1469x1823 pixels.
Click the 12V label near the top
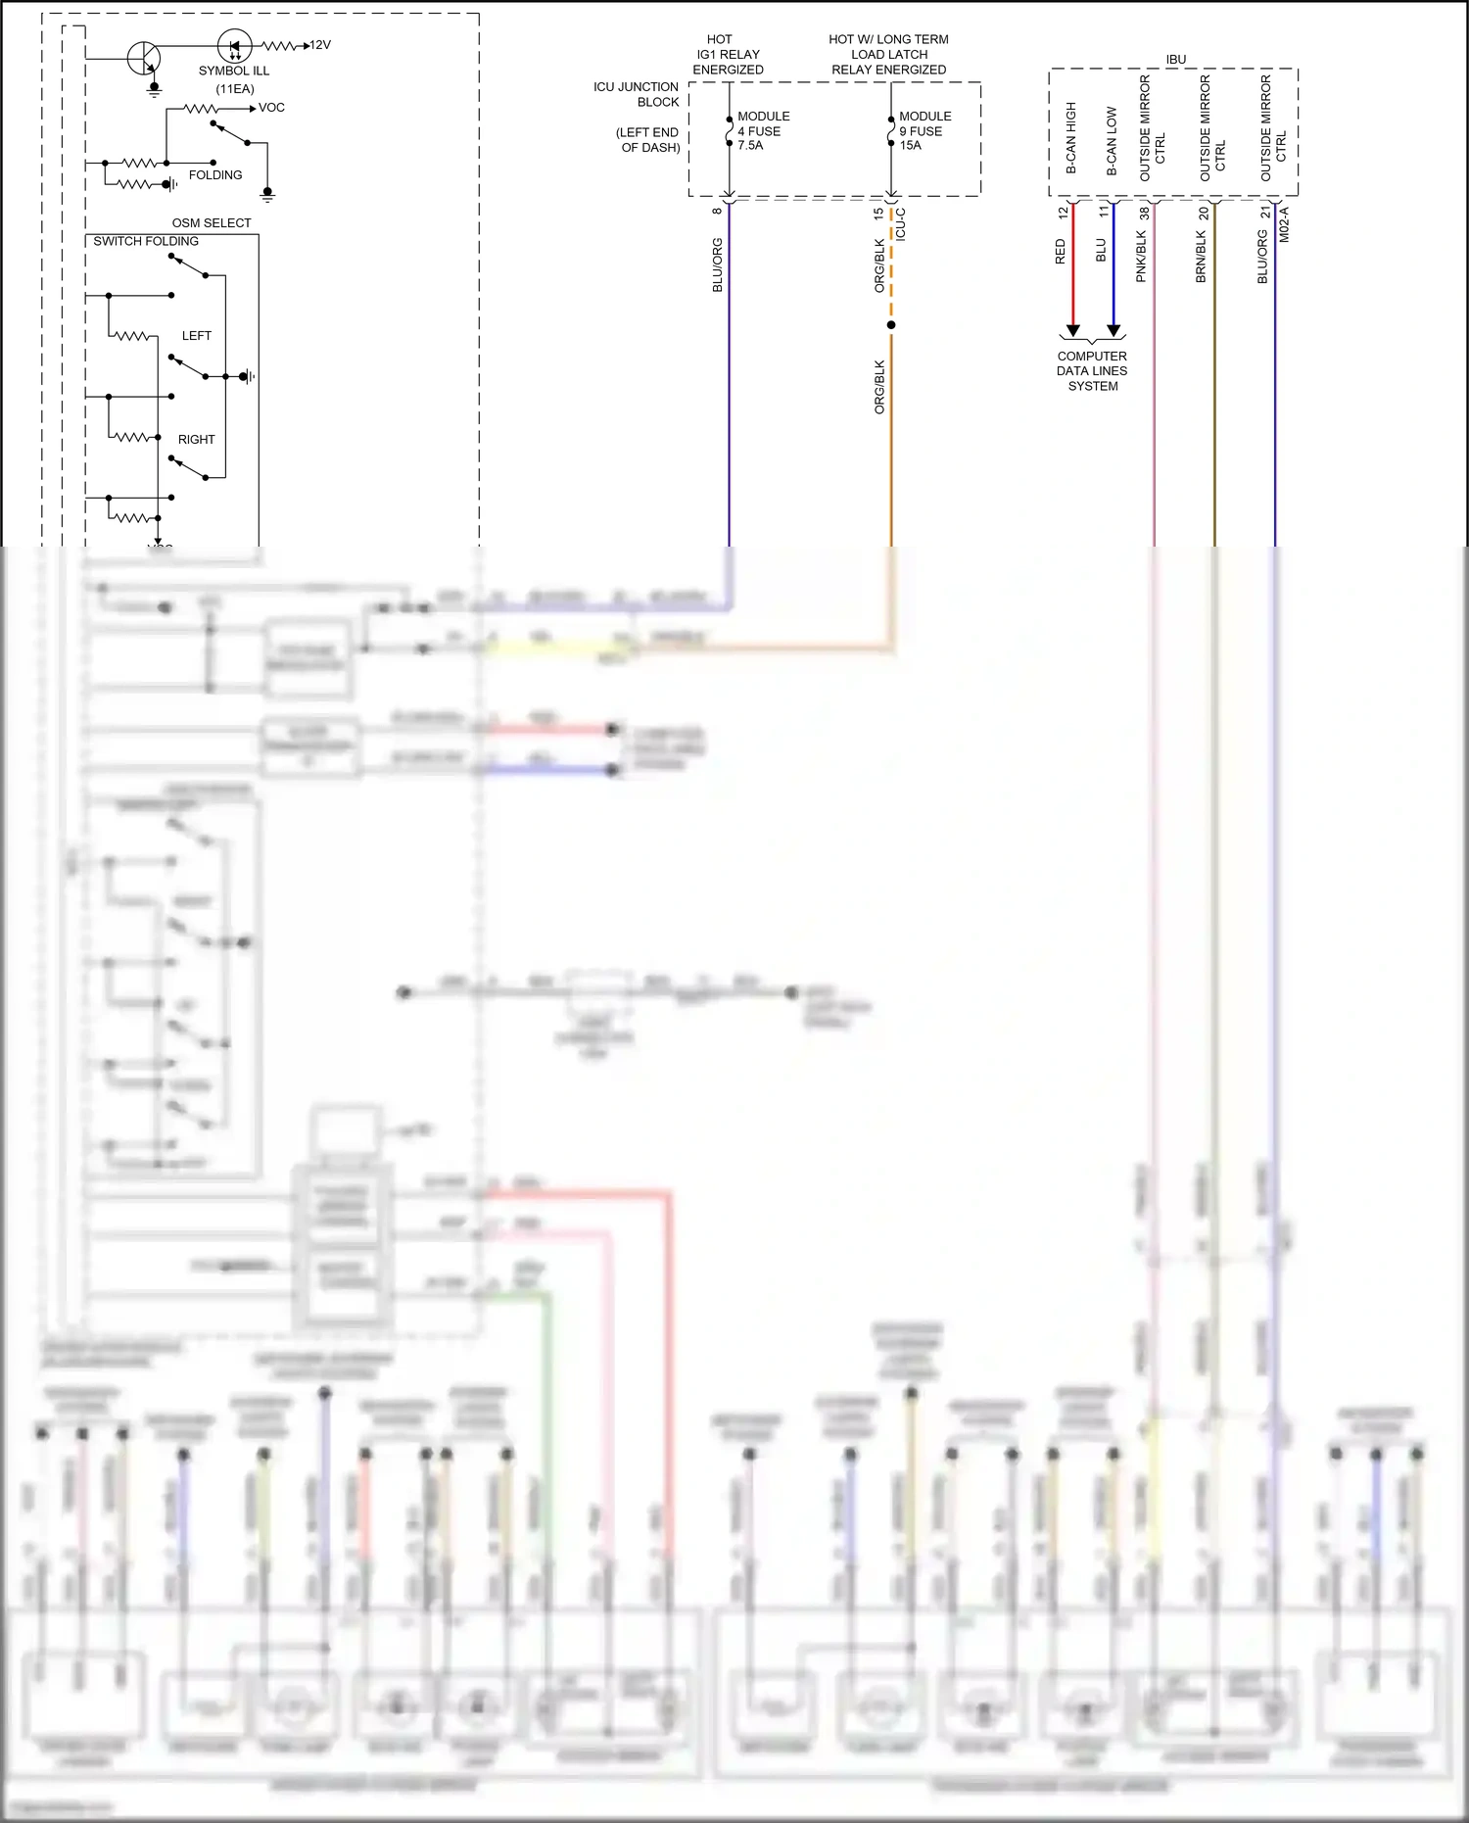(x=320, y=45)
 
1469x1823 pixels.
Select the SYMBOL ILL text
(x=233, y=71)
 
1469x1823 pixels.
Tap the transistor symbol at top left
(x=144, y=58)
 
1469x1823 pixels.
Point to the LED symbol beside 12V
(x=234, y=46)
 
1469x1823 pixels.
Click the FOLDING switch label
(x=215, y=175)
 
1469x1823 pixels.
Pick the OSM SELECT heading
(x=212, y=223)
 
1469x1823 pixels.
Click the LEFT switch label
(x=196, y=336)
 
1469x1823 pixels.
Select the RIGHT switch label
(x=196, y=440)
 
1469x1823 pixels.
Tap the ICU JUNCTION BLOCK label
(x=637, y=94)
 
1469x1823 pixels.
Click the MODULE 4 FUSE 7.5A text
(x=762, y=130)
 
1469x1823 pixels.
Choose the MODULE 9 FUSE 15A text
(x=924, y=130)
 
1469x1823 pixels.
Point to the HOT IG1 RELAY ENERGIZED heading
(x=728, y=55)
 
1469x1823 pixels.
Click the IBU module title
(x=1175, y=60)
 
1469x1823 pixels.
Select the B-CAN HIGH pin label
(x=1071, y=138)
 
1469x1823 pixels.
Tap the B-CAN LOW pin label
(x=1112, y=141)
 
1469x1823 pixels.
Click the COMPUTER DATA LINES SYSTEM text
(x=1092, y=371)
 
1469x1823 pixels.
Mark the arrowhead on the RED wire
(x=1073, y=330)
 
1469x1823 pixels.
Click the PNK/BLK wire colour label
(x=1141, y=257)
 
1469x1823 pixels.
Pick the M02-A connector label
(x=1285, y=224)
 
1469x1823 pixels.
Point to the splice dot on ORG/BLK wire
(x=890, y=324)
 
